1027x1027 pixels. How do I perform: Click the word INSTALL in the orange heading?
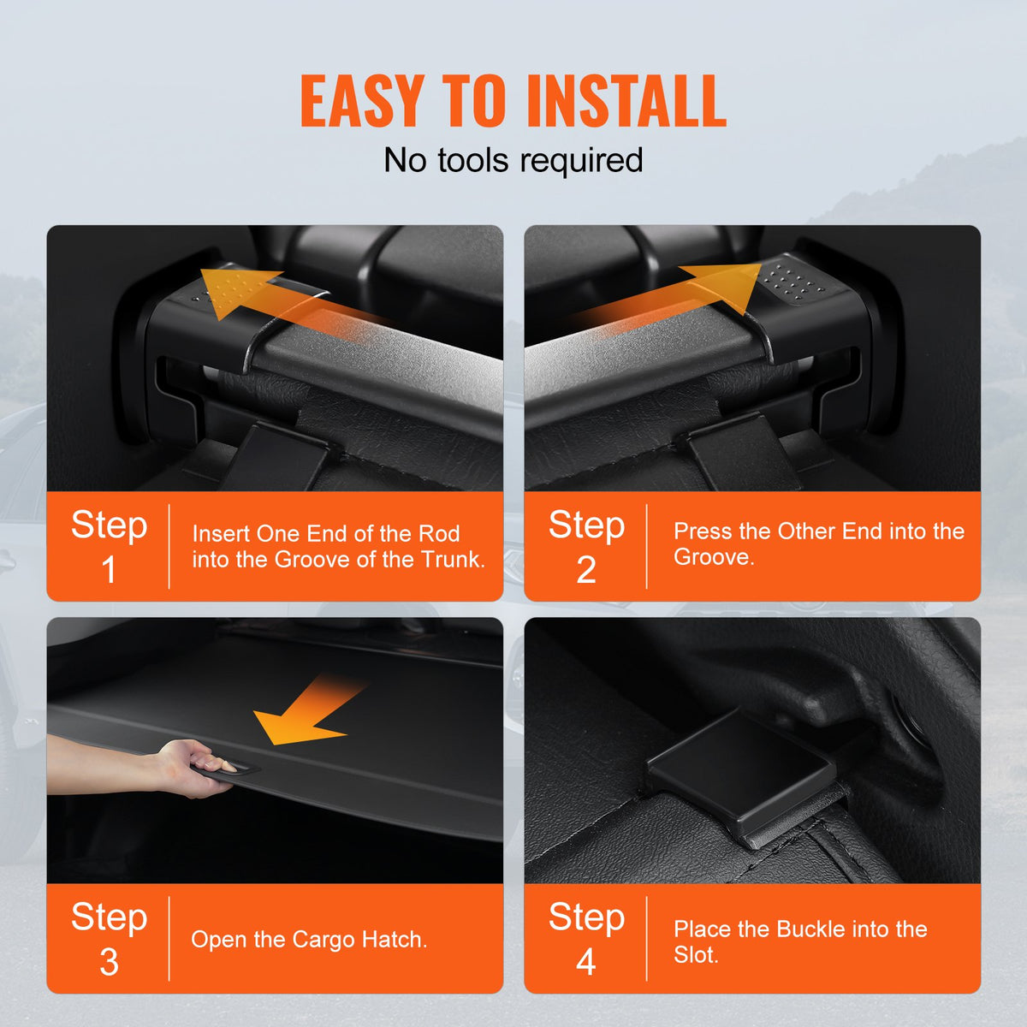coord(626,101)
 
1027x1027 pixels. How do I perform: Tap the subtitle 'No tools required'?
coord(513,160)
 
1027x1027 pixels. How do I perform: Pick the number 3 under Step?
coord(109,962)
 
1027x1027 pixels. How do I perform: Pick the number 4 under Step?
coord(586,962)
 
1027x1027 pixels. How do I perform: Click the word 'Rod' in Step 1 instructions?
coord(439,534)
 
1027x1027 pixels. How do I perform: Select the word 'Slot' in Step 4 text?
coord(694,955)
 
